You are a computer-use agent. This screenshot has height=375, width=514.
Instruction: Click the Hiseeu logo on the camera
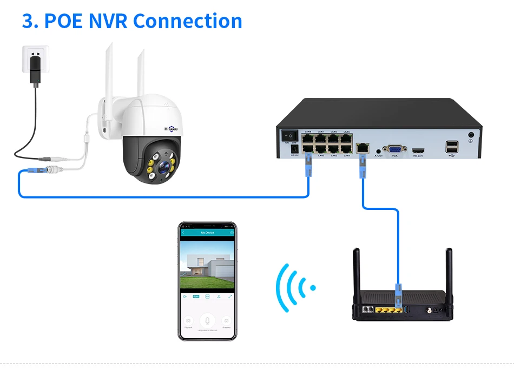point(174,128)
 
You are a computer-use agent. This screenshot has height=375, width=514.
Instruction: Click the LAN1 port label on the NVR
point(347,156)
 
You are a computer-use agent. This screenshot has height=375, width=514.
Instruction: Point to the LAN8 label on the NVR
point(308,131)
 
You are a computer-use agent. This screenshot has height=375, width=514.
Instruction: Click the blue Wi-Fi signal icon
point(295,287)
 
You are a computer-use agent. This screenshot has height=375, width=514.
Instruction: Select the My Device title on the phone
point(207,232)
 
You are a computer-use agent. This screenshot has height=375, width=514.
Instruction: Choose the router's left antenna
point(357,271)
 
